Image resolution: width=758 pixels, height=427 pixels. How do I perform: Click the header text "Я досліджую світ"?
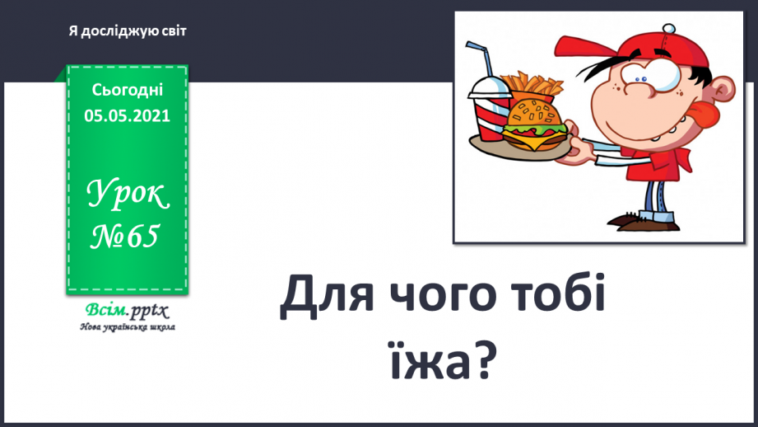128,31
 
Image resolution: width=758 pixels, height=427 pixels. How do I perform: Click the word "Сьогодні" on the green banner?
127,89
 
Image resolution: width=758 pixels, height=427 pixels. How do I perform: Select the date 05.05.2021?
127,115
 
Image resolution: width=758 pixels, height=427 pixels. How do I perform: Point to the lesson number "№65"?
124,238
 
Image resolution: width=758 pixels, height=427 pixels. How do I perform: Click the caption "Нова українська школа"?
127,327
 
